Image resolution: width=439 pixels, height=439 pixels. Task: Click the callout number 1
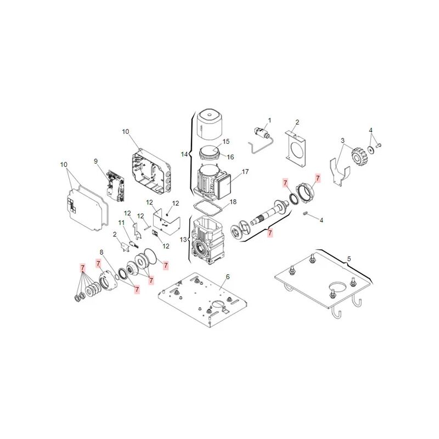click(x=269, y=120)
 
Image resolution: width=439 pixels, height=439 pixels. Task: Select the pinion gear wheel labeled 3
click(x=358, y=157)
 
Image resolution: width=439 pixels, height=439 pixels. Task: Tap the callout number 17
click(x=245, y=172)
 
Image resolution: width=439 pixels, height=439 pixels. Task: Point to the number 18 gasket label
click(x=233, y=201)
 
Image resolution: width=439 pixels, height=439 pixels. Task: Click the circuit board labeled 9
click(x=116, y=186)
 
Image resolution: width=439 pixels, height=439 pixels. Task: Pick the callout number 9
click(x=95, y=161)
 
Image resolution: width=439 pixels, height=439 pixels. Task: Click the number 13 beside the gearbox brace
click(x=183, y=240)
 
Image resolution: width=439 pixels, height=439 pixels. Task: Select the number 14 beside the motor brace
click(x=184, y=154)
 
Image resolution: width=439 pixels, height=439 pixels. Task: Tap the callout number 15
click(x=226, y=142)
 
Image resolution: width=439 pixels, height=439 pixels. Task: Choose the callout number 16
click(x=230, y=157)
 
